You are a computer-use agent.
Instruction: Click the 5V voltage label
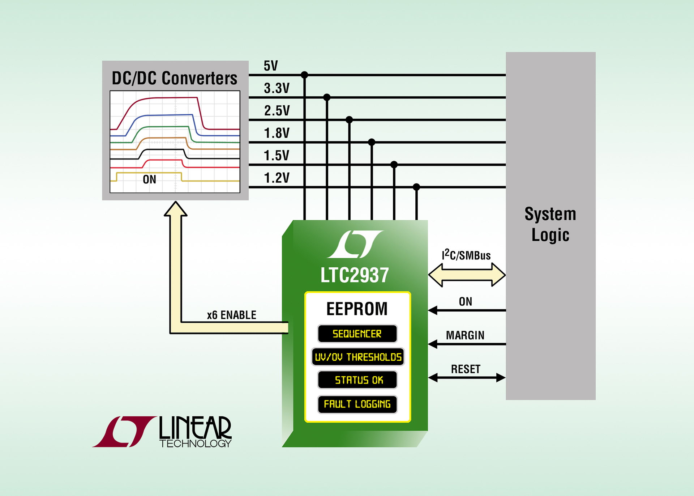pyautogui.click(x=271, y=66)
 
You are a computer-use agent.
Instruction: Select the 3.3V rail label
pyautogui.click(x=277, y=88)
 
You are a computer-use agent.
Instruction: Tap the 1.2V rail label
pyautogui.click(x=277, y=178)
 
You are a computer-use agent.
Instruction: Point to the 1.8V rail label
pyautogui.click(x=277, y=133)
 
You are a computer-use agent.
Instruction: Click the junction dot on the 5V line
pyautogui.click(x=304, y=75)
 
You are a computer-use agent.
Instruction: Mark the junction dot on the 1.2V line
pyautogui.click(x=416, y=187)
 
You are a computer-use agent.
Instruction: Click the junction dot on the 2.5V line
pyautogui.click(x=349, y=120)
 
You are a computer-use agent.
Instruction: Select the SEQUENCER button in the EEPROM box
pyautogui.click(x=357, y=334)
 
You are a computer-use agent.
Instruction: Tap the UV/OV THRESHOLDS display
pyautogui.click(x=358, y=357)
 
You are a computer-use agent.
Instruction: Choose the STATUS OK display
pyautogui.click(x=358, y=380)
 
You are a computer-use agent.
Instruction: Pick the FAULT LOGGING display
pyautogui.click(x=357, y=404)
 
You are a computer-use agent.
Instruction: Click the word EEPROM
pyautogui.click(x=357, y=309)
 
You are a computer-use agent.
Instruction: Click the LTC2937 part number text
pyautogui.click(x=355, y=275)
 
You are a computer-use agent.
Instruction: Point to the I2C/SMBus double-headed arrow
pyautogui.click(x=467, y=275)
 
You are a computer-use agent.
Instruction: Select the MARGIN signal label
pyautogui.click(x=465, y=335)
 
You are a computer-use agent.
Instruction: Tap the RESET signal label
pyautogui.click(x=466, y=369)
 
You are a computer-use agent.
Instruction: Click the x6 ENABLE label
pyautogui.click(x=231, y=315)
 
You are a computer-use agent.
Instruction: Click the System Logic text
pyautogui.click(x=550, y=224)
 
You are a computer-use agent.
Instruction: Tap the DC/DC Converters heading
pyautogui.click(x=175, y=78)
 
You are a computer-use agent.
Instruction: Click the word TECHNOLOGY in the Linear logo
pyautogui.click(x=195, y=444)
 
